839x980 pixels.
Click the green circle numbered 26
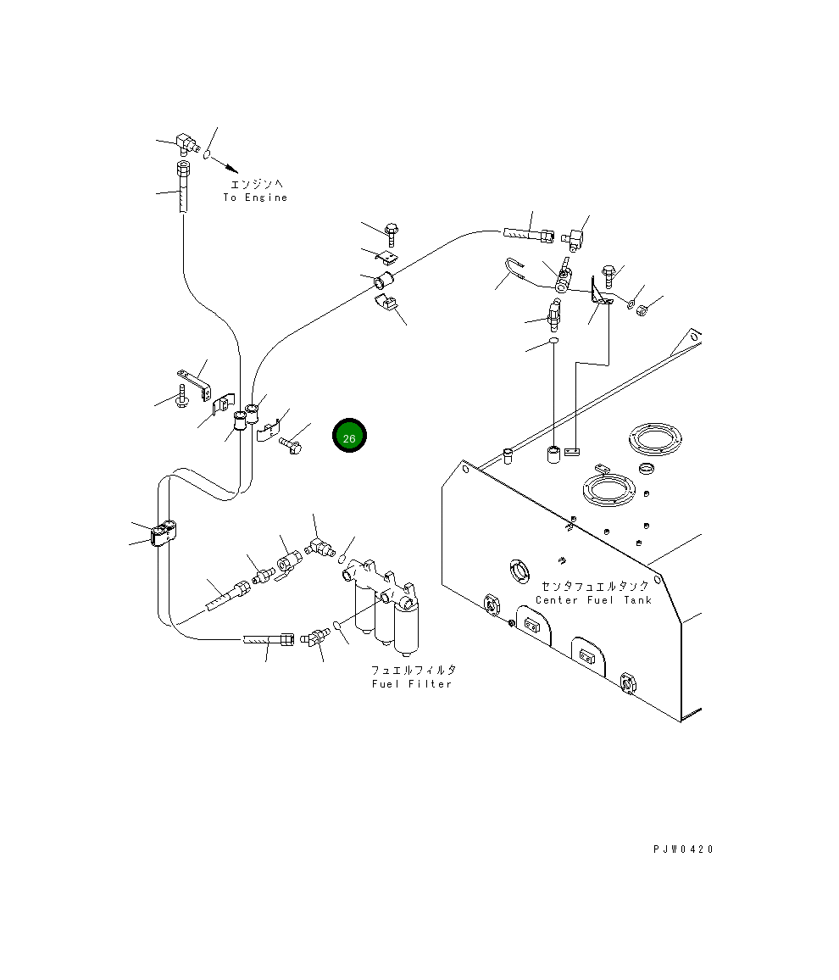tap(349, 436)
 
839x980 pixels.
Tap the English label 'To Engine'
tap(255, 198)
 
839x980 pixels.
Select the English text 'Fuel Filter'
tap(412, 684)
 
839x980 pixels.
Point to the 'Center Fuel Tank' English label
tap(593, 600)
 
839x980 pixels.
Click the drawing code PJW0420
tap(683, 849)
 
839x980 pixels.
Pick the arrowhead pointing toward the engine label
tap(231, 168)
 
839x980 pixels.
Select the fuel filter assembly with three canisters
tap(381, 606)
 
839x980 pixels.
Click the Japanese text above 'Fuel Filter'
tap(414, 670)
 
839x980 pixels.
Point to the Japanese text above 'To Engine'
tap(257, 184)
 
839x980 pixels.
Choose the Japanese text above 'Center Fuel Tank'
tap(595, 586)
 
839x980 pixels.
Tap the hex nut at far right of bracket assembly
tap(641, 308)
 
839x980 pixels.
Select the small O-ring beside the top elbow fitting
tap(208, 153)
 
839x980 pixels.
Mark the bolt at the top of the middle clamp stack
tap(391, 235)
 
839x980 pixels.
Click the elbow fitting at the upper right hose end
tap(572, 239)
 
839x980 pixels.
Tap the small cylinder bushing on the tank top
tap(553, 454)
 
